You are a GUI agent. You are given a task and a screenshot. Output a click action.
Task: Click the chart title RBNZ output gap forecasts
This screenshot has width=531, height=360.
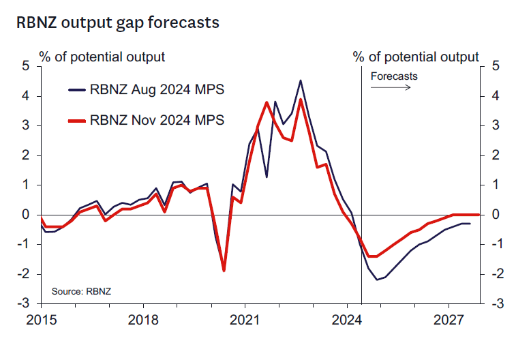pyautogui.click(x=118, y=22)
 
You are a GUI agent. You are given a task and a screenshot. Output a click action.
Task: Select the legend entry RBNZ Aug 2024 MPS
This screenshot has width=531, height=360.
pyautogui.click(x=157, y=90)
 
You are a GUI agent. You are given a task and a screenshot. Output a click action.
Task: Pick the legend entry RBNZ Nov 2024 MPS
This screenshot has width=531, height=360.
pyautogui.click(x=157, y=121)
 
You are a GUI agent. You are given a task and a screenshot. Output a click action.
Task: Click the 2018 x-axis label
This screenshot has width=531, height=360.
pyautogui.click(x=142, y=319)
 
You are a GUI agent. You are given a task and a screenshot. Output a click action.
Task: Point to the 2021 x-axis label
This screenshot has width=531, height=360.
pyautogui.click(x=245, y=319)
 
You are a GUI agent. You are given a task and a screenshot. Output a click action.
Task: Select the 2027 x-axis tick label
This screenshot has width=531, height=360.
pyautogui.click(x=449, y=319)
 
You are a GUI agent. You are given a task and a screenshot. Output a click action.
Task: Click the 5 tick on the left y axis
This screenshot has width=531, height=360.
pyautogui.click(x=26, y=66)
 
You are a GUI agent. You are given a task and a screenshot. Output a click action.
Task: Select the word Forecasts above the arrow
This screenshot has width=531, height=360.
pyautogui.click(x=394, y=76)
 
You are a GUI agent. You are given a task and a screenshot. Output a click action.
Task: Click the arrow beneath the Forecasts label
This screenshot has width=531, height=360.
pyautogui.click(x=394, y=88)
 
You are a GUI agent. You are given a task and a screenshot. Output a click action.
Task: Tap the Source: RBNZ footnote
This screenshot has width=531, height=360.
pyautogui.click(x=81, y=291)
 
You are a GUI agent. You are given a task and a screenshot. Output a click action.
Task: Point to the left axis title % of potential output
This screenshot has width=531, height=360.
pyautogui.click(x=102, y=57)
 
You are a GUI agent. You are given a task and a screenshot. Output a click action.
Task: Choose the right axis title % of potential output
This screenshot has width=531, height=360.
pyautogui.click(x=416, y=57)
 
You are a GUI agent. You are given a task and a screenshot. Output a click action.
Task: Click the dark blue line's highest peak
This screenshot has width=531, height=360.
pyautogui.click(x=301, y=80)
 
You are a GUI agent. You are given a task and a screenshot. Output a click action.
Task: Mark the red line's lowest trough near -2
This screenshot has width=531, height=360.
pyautogui.click(x=224, y=271)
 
